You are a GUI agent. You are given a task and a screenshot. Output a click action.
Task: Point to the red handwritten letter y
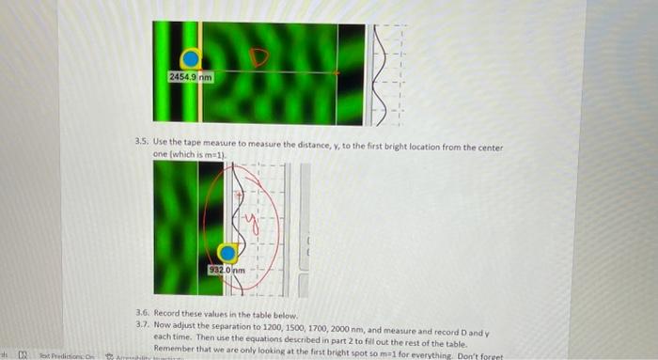click(248, 222)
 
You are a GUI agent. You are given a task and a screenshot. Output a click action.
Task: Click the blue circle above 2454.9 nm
click(191, 59)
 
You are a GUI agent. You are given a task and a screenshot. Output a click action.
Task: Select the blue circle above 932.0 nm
click(227, 253)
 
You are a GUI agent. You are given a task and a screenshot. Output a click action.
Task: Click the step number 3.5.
click(142, 147)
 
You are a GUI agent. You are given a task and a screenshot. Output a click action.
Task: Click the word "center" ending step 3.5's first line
click(492, 147)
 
